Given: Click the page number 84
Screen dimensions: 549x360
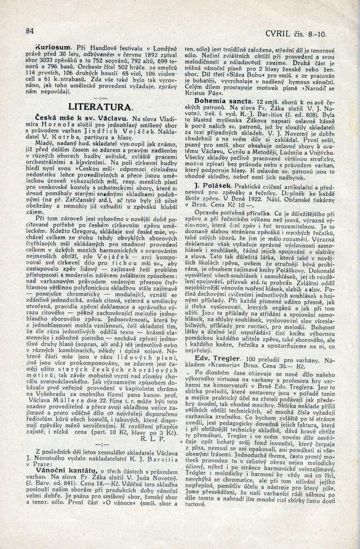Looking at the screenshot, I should [30, 31].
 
